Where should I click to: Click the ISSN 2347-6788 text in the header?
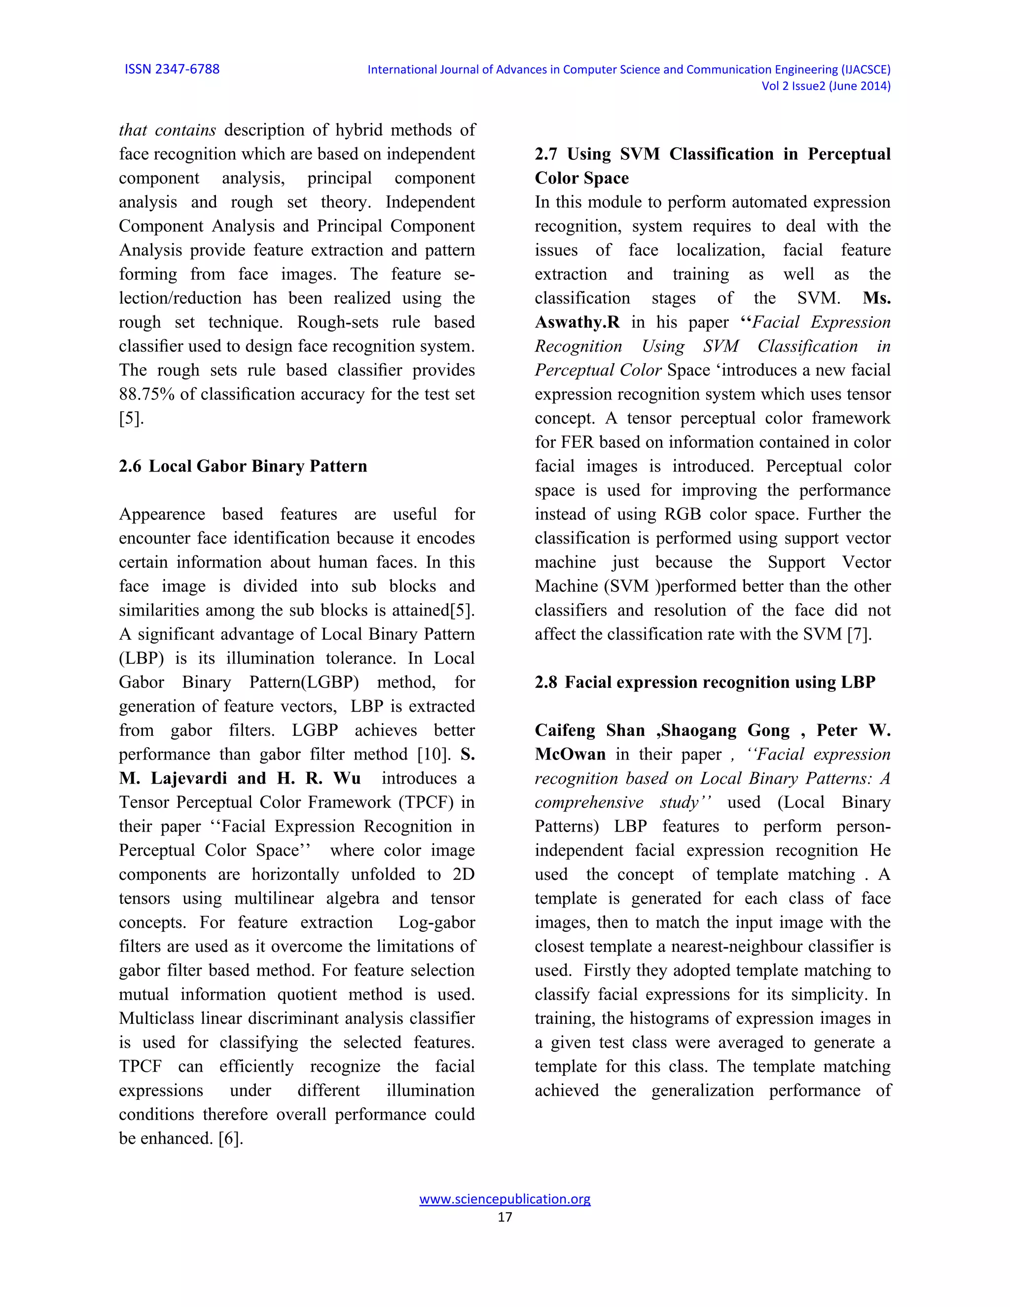point(172,70)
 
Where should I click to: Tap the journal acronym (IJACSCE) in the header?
point(866,70)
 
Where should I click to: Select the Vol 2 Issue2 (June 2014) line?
point(825,86)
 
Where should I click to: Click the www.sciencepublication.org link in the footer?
point(505,1198)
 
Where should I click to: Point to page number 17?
point(505,1217)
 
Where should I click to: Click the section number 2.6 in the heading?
point(130,466)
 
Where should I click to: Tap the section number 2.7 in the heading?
point(546,154)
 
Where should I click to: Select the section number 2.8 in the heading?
point(546,682)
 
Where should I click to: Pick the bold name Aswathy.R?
point(577,323)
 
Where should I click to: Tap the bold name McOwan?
point(570,755)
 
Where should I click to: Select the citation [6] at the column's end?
point(230,1138)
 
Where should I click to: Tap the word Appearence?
point(162,514)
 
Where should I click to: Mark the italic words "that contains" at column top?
point(167,131)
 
